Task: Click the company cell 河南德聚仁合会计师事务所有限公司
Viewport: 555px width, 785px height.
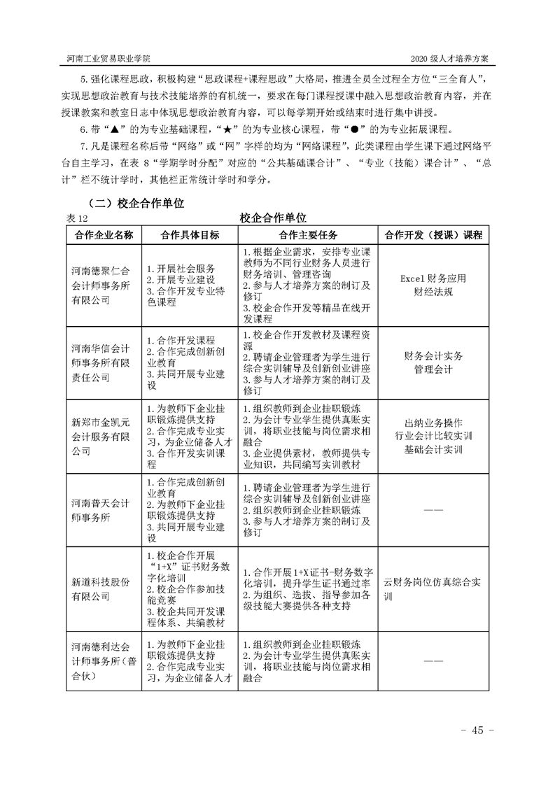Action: [x=104, y=285]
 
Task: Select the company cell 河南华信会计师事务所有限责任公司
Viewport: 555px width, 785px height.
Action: [x=104, y=362]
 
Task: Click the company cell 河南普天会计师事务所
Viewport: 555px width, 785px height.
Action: [x=104, y=510]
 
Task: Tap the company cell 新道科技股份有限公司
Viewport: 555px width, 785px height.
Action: [x=104, y=589]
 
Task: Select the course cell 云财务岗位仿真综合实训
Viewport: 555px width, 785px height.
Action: [x=432, y=589]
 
